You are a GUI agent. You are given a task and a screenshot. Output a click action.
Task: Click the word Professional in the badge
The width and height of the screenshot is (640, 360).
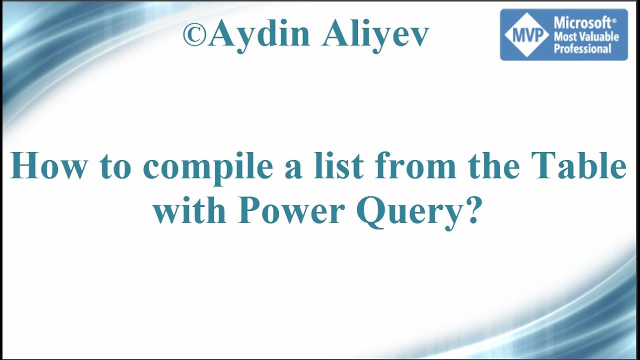coord(582,48)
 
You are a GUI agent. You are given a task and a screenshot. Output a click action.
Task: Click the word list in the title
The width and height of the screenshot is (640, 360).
coord(337,166)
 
